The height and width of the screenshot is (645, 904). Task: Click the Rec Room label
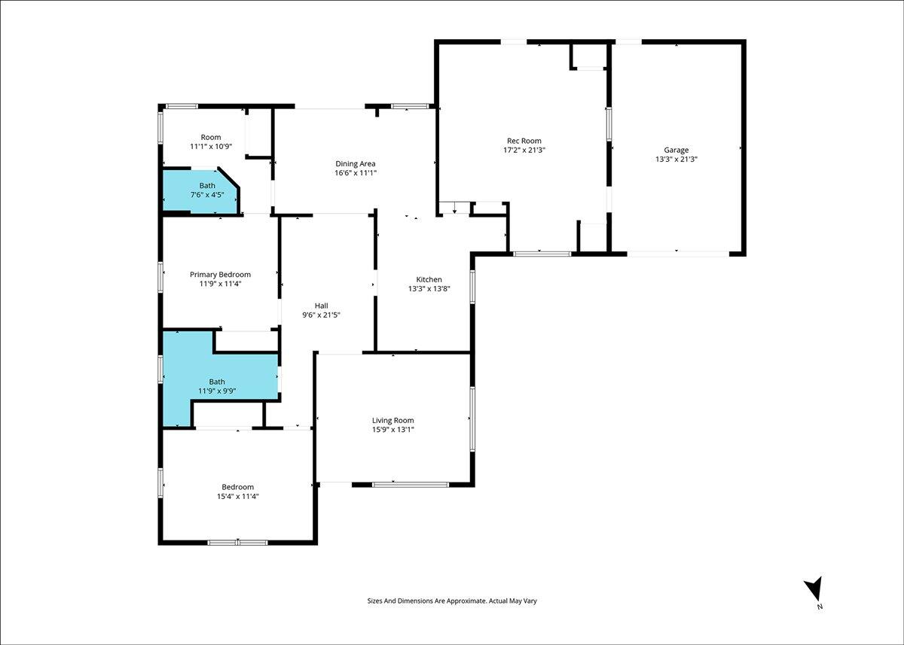coord(524,141)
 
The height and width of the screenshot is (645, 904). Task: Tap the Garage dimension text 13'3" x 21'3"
coord(676,159)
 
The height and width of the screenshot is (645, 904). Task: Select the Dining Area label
coord(355,163)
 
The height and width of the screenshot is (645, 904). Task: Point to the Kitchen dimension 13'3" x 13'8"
coord(429,288)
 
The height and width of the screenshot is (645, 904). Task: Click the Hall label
coord(321,306)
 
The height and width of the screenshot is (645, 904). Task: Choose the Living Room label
coord(392,420)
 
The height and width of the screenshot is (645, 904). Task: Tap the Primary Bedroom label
coord(220,274)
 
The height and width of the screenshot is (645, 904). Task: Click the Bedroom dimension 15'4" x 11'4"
coord(238,496)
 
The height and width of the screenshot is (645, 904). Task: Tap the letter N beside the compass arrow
coord(820,607)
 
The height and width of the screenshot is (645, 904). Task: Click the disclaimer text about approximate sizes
coord(452,601)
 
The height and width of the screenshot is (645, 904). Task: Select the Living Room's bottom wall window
coord(410,485)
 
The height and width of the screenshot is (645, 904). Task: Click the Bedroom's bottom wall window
coord(237,543)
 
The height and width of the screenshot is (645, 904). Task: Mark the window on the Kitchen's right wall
coord(472,287)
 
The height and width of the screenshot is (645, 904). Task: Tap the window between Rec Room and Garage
coord(609,123)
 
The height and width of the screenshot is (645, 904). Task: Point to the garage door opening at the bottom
coord(678,254)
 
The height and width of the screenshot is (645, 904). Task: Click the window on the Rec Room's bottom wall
coord(542,254)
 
